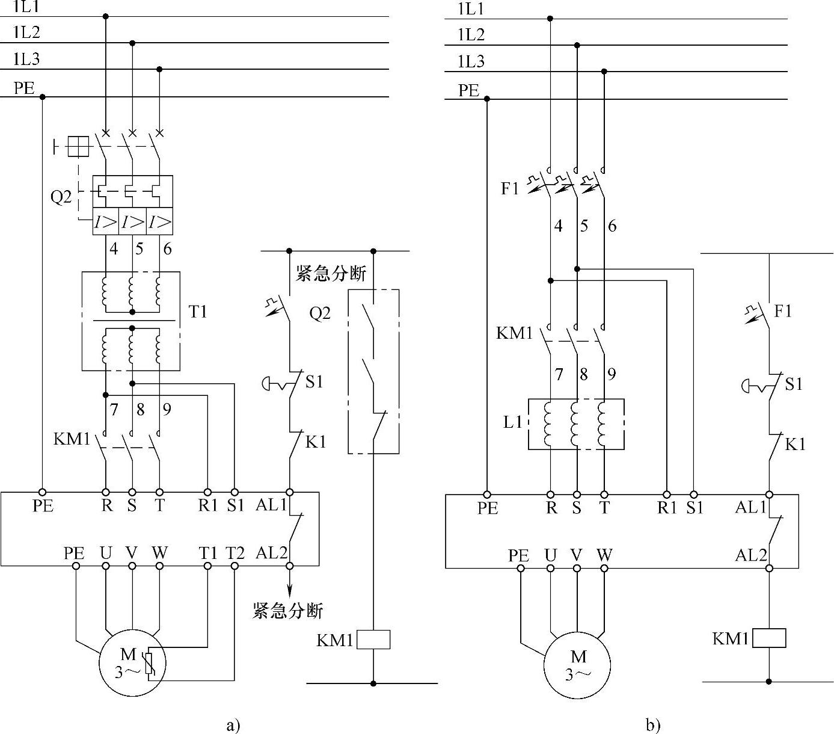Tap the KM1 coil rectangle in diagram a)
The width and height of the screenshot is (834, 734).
pos(373,640)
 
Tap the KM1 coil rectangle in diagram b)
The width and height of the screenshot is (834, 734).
pos(769,638)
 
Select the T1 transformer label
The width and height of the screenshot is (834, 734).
pos(198,312)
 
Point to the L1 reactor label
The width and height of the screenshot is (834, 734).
pos(513,422)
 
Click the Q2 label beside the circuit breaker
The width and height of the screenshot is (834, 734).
pos(61,197)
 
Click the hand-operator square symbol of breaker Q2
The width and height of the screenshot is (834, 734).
pos(78,146)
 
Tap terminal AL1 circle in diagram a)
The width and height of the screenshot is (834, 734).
pos(289,492)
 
